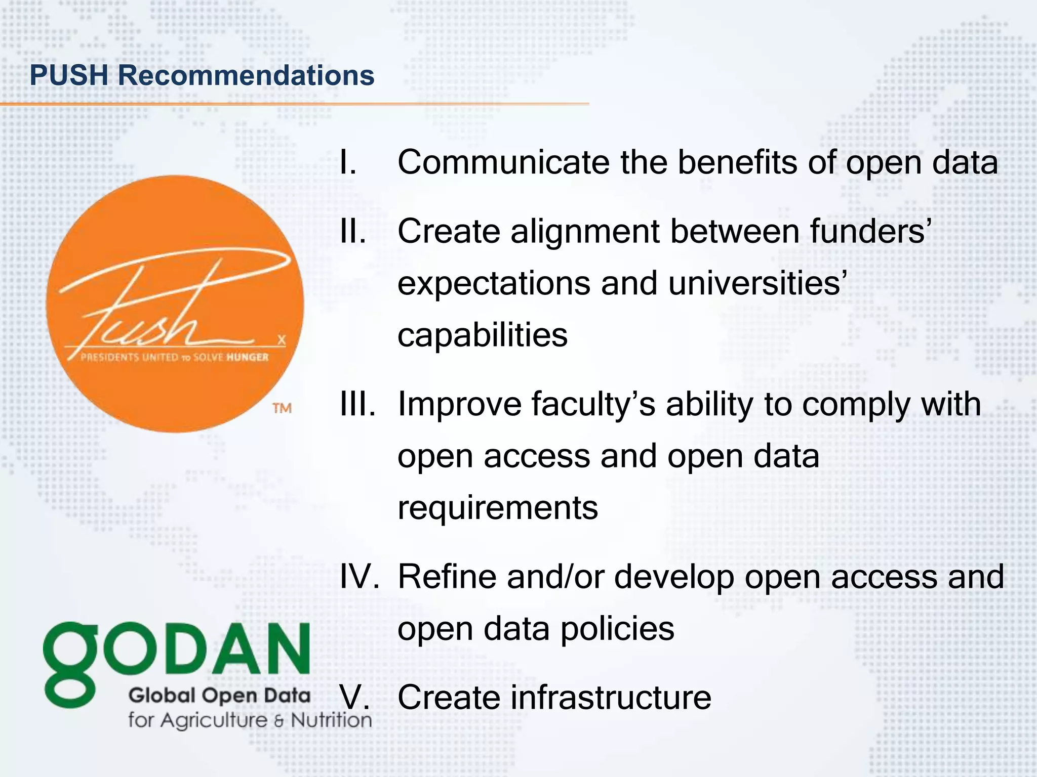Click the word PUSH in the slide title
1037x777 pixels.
[69, 75]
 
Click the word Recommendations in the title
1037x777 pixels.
[246, 75]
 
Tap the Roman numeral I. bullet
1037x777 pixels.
[348, 163]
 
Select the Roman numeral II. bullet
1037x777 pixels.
[353, 232]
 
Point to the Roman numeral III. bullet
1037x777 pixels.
[358, 405]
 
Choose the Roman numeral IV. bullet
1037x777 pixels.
[359, 577]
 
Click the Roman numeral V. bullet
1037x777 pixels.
[354, 697]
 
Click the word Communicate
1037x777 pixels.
[503, 163]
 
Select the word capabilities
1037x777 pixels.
[482, 335]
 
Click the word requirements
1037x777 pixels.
[497, 508]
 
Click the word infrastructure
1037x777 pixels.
[610, 697]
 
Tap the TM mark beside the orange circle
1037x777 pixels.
[282, 408]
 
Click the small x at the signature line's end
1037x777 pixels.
[282, 340]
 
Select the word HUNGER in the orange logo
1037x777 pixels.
[247, 357]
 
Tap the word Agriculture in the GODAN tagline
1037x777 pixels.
[213, 720]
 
